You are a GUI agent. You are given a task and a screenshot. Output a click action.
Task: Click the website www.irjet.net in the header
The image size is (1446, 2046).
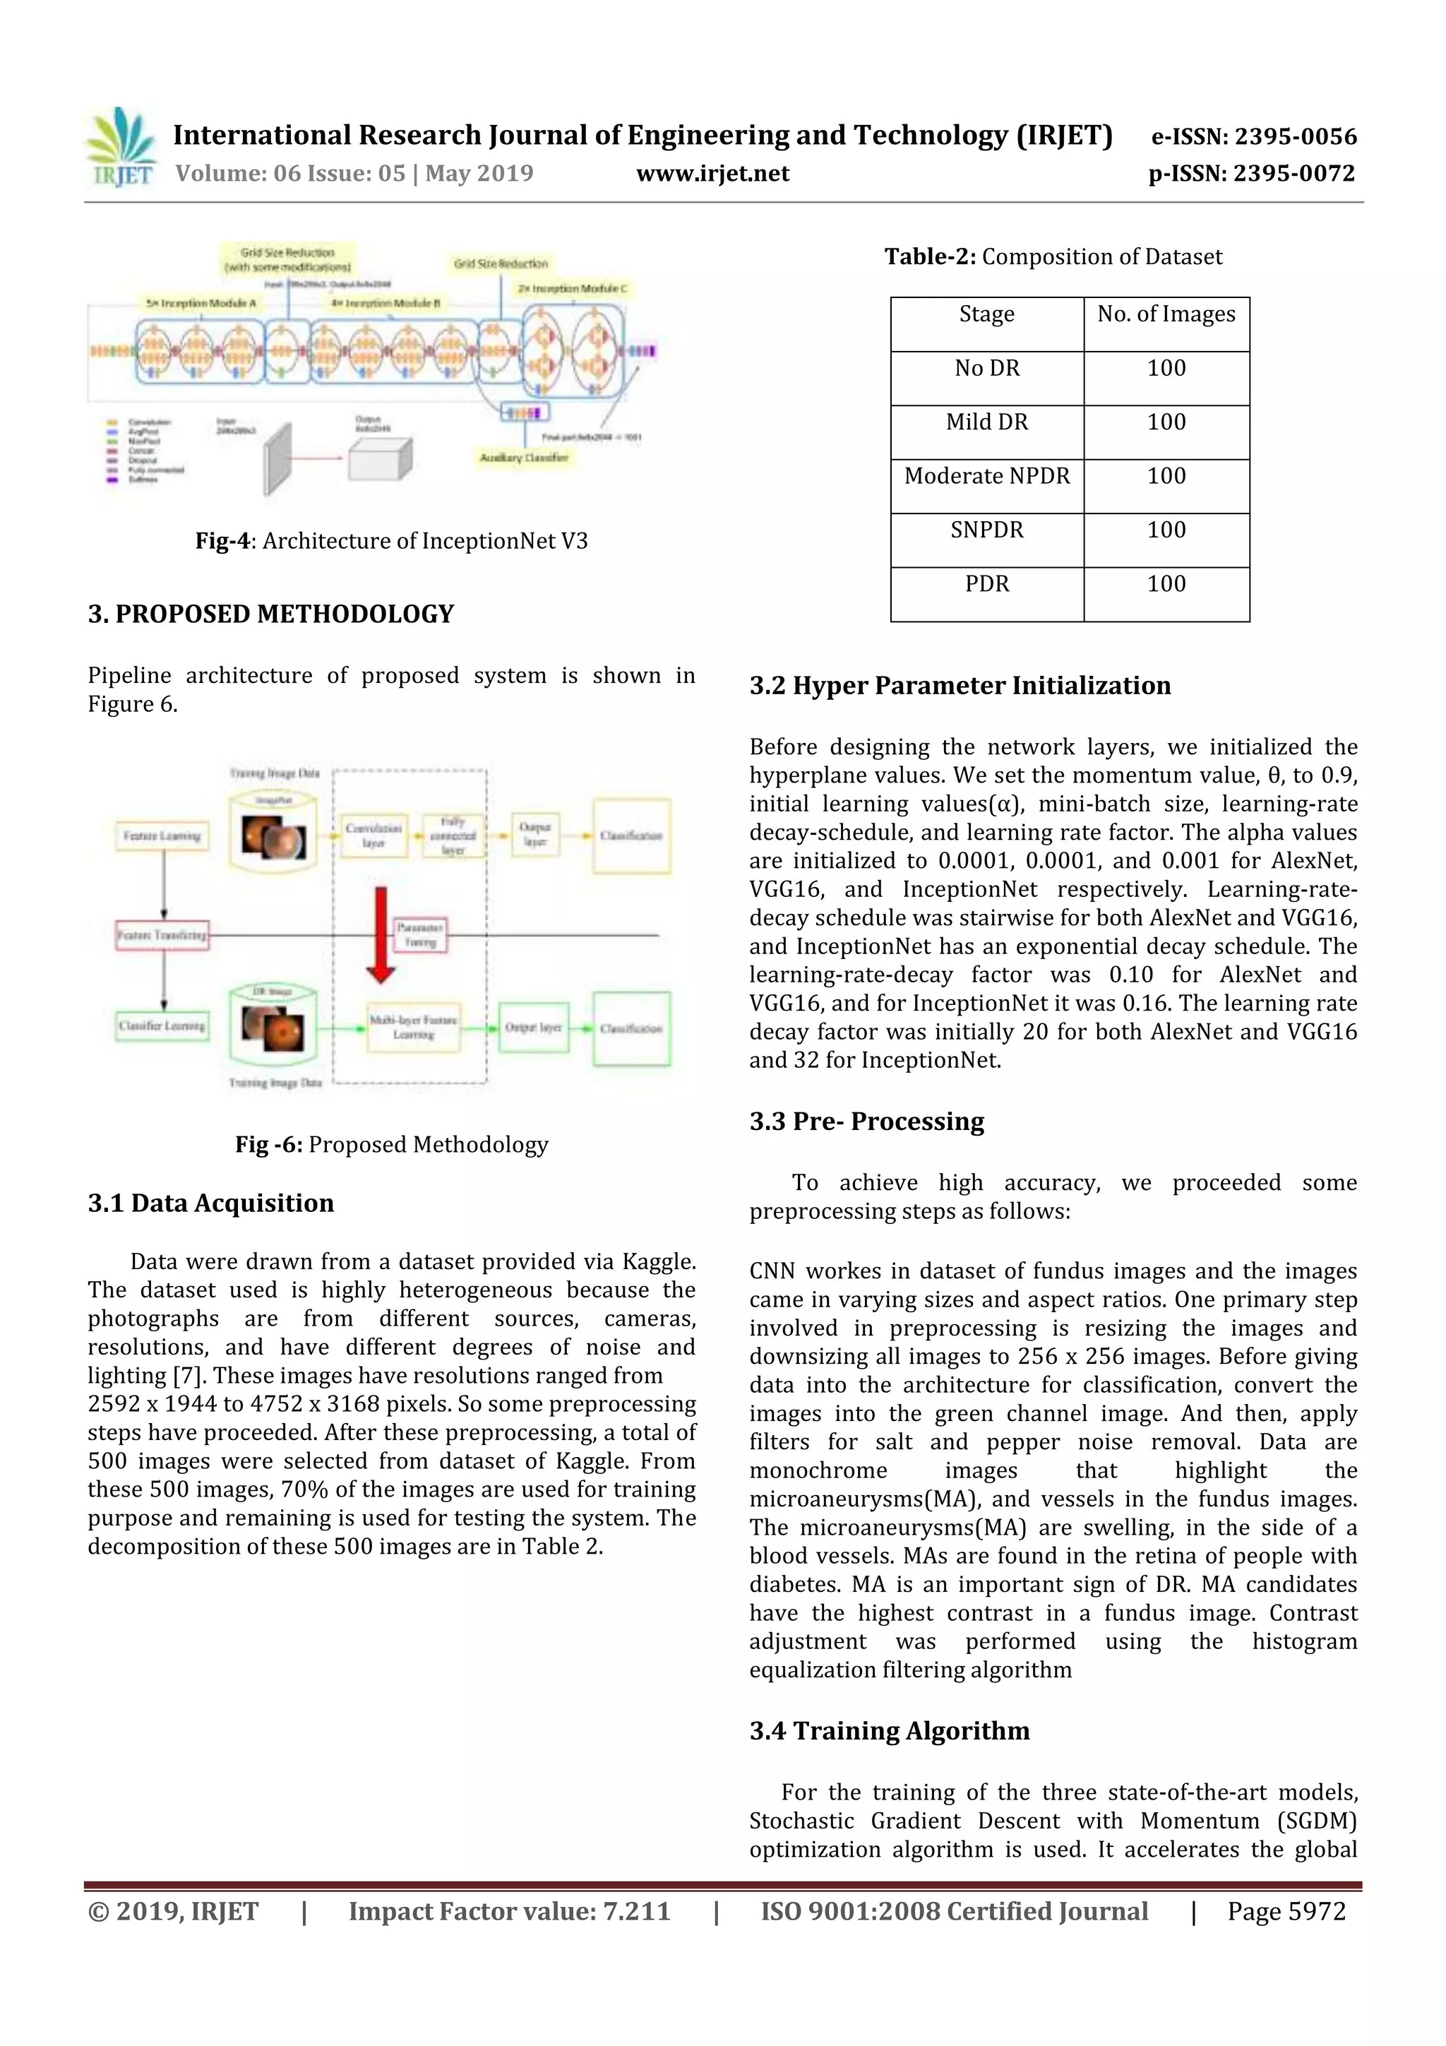point(712,174)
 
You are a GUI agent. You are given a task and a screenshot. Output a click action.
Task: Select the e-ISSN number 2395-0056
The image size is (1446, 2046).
point(1253,137)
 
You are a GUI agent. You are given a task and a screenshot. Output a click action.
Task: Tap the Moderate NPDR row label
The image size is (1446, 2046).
point(986,476)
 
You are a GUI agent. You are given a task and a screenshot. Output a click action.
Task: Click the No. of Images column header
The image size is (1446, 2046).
point(1166,314)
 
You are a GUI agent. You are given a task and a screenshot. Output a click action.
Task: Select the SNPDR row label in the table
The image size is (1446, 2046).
point(986,530)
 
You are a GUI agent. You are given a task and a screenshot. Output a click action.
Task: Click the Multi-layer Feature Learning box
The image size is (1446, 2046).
point(414,1028)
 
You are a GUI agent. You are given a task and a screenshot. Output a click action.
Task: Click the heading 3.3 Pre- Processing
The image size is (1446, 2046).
point(866,1121)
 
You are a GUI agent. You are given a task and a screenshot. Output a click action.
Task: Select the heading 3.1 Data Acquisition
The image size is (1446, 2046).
point(210,1203)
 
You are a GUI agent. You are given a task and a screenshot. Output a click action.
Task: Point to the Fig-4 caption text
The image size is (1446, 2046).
point(391,541)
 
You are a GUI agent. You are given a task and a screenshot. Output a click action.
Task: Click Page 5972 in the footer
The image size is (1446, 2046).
point(1286,1910)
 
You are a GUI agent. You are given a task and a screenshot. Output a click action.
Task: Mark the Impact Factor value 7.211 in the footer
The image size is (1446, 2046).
point(509,1910)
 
